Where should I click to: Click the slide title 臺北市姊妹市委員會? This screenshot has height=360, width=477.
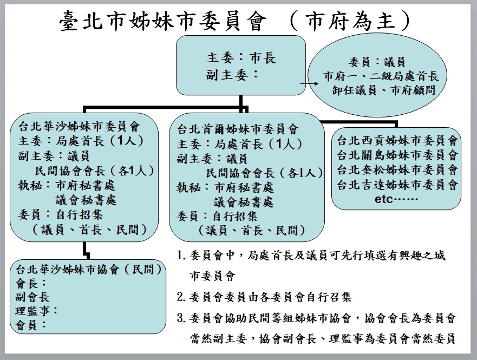pyautogui.click(x=163, y=21)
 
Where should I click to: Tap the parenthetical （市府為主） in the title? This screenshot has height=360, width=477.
pyautogui.click(x=349, y=21)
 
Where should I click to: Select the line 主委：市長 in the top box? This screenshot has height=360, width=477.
pyautogui.click(x=241, y=58)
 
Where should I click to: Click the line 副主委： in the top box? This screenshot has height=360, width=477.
pyautogui.click(x=233, y=75)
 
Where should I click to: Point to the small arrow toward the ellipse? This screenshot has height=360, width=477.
pyautogui.click(x=309, y=83)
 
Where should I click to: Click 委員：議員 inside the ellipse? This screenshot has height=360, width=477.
pyautogui.click(x=377, y=62)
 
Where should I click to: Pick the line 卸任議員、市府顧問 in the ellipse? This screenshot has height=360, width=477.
pyautogui.click(x=383, y=90)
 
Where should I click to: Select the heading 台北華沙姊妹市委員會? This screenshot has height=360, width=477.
pyautogui.click(x=79, y=126)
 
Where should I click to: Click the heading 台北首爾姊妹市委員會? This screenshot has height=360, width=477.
pyautogui.click(x=238, y=129)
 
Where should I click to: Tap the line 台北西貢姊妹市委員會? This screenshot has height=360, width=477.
pyautogui.click(x=397, y=140)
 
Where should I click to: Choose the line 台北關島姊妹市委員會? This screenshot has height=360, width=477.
pyautogui.click(x=397, y=155)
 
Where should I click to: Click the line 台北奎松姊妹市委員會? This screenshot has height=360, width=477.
pyautogui.click(x=397, y=169)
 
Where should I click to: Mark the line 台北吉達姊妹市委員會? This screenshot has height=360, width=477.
pyautogui.click(x=397, y=184)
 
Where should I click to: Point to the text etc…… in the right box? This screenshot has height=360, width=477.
pyautogui.click(x=397, y=199)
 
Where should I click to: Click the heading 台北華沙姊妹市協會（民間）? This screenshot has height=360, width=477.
pyautogui.click(x=89, y=269)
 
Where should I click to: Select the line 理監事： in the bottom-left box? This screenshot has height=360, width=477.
pyautogui.click(x=36, y=311)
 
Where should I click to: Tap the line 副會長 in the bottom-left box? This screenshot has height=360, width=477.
pyautogui.click(x=32, y=297)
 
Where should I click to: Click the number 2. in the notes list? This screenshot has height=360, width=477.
pyautogui.click(x=181, y=297)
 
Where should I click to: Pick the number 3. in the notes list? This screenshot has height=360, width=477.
pyautogui.click(x=181, y=318)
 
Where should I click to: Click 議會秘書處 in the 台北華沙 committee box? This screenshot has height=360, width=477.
pyautogui.click(x=86, y=200)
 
